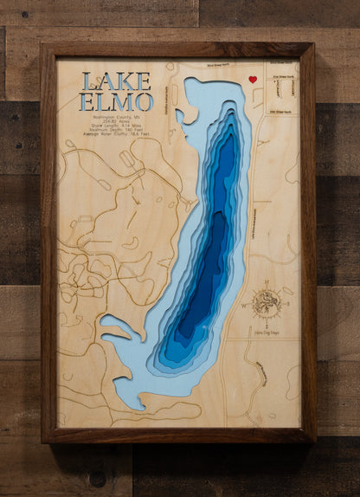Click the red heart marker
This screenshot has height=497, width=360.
(253, 80)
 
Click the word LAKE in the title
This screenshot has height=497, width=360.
(116, 81)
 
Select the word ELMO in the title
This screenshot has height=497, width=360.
(116, 101)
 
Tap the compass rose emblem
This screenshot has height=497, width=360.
(266, 303)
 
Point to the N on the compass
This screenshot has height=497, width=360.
(266, 285)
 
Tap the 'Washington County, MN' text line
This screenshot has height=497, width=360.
(116, 117)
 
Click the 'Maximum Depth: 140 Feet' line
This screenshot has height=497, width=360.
(116, 131)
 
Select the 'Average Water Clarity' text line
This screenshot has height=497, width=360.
(116, 136)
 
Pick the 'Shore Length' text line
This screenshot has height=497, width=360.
(116, 126)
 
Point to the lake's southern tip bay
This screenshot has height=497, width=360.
(130, 394)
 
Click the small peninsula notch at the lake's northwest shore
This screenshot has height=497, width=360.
(181, 113)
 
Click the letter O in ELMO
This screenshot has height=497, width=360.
(143, 101)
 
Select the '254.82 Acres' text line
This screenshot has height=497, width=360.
(116, 121)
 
